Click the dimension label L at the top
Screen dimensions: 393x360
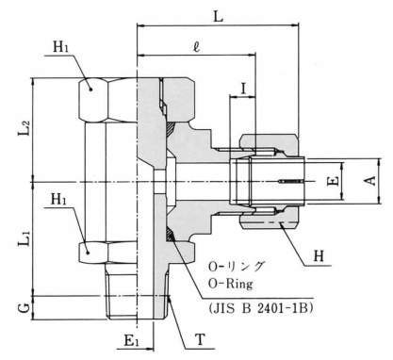click(x=218, y=16)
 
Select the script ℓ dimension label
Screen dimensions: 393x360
click(x=197, y=47)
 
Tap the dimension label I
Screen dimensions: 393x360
click(x=243, y=89)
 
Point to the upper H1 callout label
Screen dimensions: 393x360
click(x=60, y=47)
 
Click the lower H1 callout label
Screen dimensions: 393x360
click(x=58, y=199)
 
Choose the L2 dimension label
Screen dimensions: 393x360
click(x=25, y=127)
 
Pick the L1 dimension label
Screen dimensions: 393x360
click(x=25, y=238)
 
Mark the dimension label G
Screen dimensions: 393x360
click(x=25, y=307)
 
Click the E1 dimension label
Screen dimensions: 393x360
click(x=132, y=340)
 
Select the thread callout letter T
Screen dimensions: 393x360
click(x=200, y=339)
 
